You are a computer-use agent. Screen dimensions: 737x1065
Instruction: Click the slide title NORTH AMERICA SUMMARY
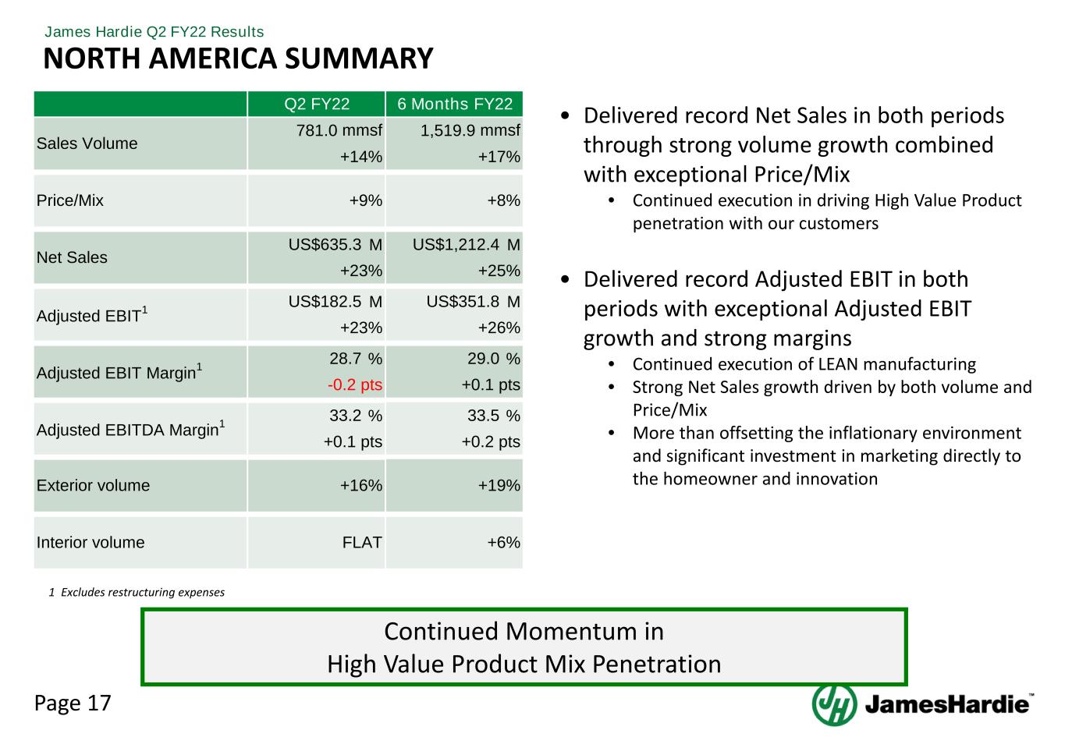tap(238, 59)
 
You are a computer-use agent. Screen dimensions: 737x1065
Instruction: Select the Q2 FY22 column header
tap(317, 105)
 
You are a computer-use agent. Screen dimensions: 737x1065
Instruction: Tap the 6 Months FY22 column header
tap(455, 105)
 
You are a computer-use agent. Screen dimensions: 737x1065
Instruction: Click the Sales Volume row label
tap(87, 144)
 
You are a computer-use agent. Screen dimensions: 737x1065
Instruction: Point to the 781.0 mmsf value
tap(339, 130)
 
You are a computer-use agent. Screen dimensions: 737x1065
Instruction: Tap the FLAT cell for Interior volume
tap(362, 543)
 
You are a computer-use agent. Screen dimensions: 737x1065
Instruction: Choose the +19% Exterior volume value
tap(499, 486)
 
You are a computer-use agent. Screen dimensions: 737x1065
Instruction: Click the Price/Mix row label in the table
tap(70, 200)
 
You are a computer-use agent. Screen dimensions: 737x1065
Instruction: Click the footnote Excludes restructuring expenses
tap(141, 593)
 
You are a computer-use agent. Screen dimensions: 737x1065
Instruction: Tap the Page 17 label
tap(73, 703)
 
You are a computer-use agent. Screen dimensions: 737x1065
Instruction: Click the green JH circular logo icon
tap(834, 704)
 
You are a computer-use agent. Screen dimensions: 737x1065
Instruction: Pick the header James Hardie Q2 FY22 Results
tap(154, 32)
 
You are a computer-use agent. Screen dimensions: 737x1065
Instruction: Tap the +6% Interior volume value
tap(504, 543)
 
